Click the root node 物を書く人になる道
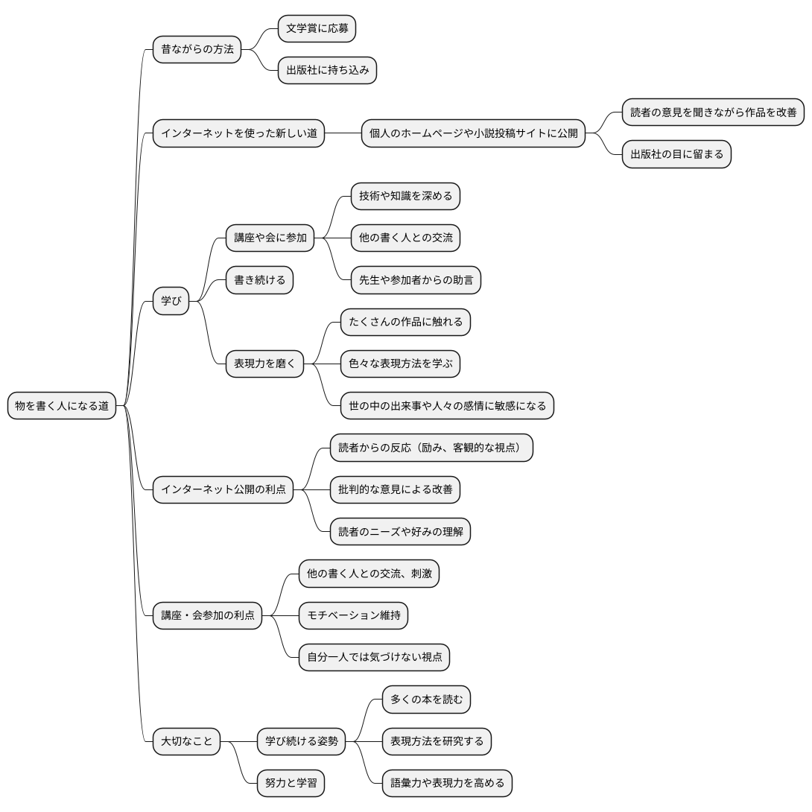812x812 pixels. [62, 405]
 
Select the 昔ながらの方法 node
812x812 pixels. [197, 49]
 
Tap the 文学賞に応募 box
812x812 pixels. [317, 28]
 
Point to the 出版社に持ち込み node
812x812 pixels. [327, 71]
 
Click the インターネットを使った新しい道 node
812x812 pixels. [238, 133]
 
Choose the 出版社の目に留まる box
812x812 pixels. [676, 154]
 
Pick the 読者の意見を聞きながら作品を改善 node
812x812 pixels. [713, 112]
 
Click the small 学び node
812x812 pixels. [171, 301]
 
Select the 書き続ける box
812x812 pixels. [259, 280]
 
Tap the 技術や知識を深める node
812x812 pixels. [405, 196]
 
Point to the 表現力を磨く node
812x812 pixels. [264, 364]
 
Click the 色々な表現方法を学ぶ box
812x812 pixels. [400, 364]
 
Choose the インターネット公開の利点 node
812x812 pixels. [223, 489]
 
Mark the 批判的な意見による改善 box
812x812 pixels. [395, 489]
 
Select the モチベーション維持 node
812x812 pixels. [353, 615]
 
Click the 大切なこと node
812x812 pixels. [186, 741]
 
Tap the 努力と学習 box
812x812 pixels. [291, 783]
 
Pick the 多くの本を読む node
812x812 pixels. [426, 699]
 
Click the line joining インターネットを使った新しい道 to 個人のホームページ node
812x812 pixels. [343, 133]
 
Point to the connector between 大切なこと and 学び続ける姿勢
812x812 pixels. [238, 741]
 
